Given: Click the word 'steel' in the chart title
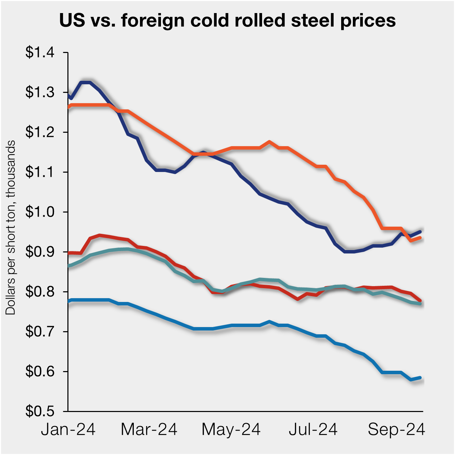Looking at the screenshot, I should tap(313, 20).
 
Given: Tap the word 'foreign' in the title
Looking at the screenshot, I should tap(151, 20).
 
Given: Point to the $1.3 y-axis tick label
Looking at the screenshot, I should tap(40, 93).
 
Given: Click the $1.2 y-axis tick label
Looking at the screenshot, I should tap(40, 132).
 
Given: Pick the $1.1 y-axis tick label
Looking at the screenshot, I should tap(40, 172).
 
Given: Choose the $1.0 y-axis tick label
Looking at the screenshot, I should tap(40, 212).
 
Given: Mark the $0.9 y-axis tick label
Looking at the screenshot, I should tap(40, 252).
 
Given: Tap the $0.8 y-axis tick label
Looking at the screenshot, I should tap(40, 292).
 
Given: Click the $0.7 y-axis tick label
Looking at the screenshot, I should tap(40, 332).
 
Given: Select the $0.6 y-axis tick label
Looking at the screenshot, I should tap(40, 372).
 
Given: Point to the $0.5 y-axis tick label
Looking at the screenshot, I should tap(40, 411).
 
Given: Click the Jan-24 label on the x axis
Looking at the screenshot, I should tap(68, 430).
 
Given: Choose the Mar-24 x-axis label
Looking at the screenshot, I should tap(149, 430).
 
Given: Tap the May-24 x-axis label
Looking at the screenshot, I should tap(231, 430).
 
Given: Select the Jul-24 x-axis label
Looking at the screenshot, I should tap(313, 430).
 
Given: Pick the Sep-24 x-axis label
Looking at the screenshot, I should tap(396, 430).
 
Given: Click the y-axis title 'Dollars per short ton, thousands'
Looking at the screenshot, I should tap(11, 227).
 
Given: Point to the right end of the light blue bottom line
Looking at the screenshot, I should tap(420, 378).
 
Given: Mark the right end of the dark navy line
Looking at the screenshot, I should tap(420, 231).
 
